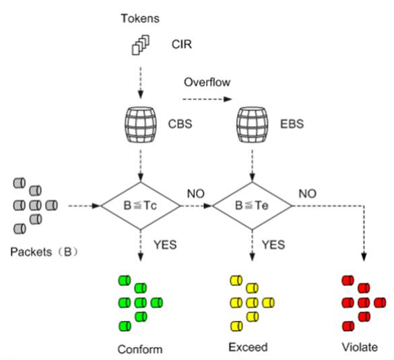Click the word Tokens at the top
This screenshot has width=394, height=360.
(141, 18)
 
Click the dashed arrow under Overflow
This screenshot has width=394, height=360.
(207, 101)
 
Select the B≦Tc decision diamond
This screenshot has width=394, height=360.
(140, 204)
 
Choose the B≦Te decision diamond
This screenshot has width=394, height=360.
(253, 204)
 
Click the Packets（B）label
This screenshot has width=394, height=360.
(44, 251)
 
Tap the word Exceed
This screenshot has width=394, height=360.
(248, 347)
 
